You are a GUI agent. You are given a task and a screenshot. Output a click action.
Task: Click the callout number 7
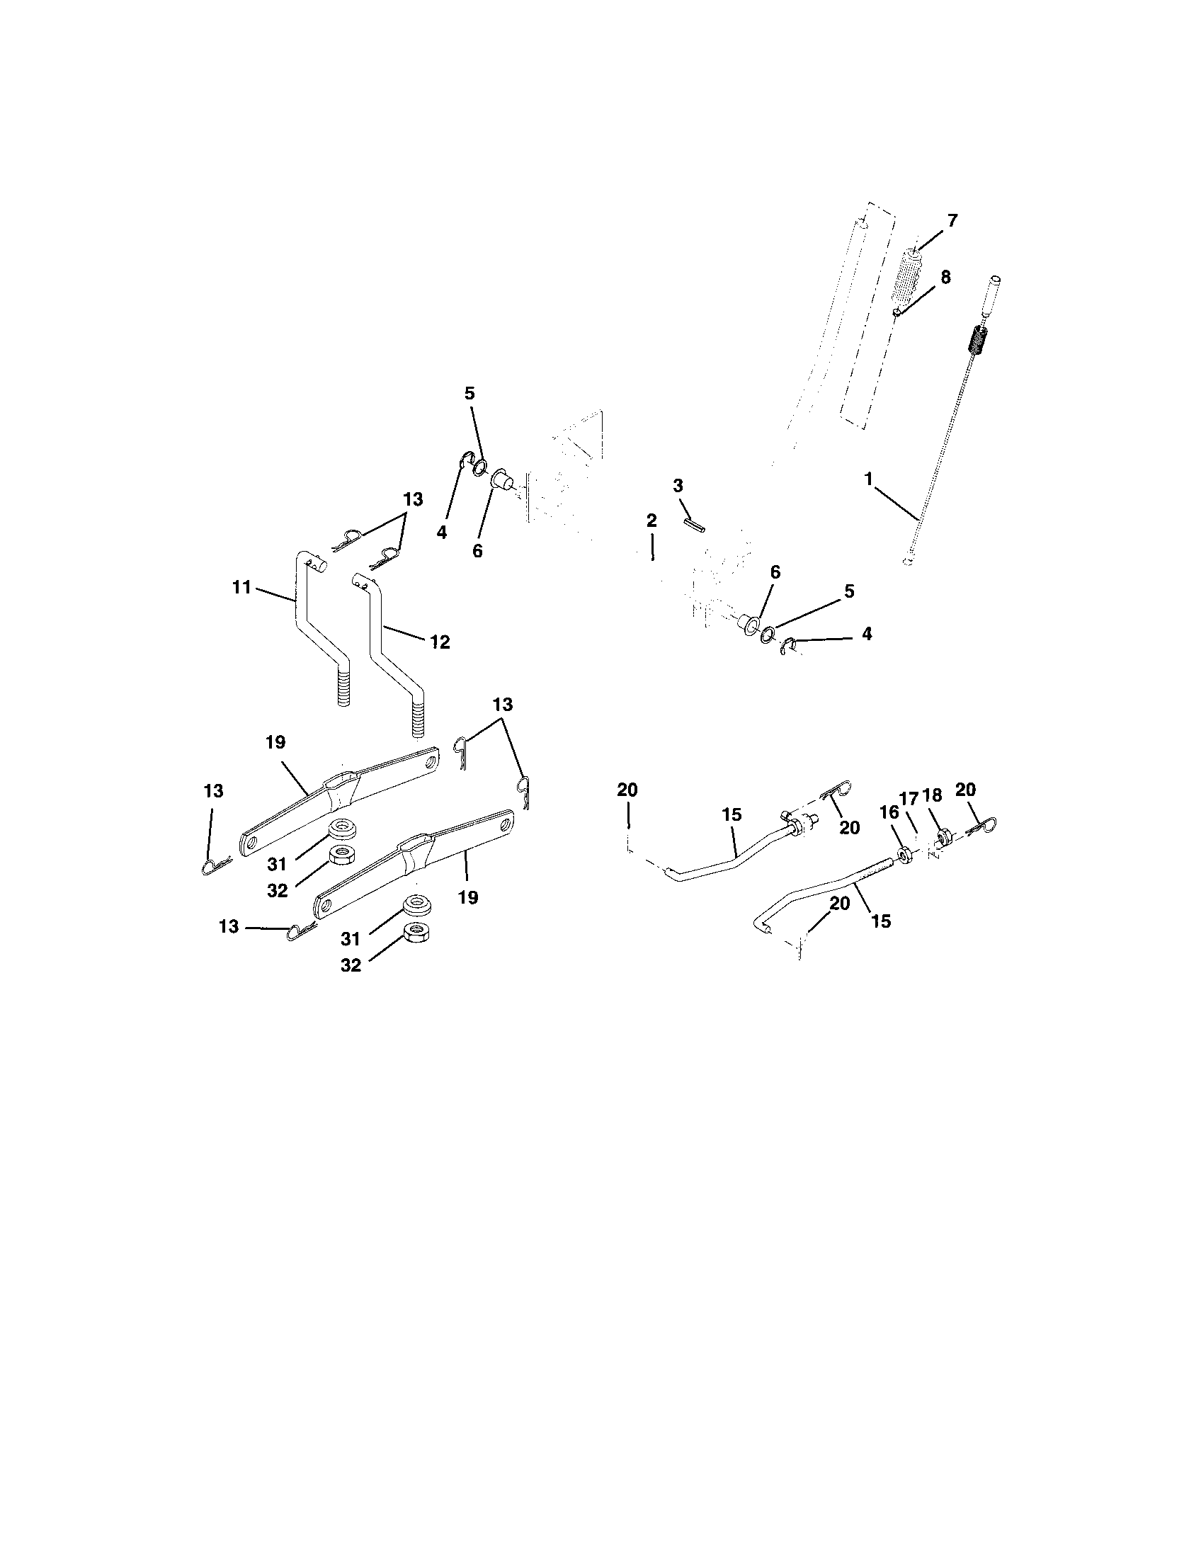tap(953, 220)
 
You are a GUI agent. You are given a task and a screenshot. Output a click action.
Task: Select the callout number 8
tap(945, 278)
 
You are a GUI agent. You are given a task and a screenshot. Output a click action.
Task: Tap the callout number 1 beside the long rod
tap(869, 479)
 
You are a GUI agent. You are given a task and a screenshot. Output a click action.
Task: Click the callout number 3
tap(678, 486)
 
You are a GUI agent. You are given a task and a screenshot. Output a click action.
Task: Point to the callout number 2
tap(651, 521)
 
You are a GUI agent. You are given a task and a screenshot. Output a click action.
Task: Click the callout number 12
tap(440, 642)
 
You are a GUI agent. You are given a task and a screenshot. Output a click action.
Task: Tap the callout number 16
tap(889, 811)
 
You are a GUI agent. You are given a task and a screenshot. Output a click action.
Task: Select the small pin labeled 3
tap(695, 525)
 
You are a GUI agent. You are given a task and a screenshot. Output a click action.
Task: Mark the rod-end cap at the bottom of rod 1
tap(906, 562)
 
